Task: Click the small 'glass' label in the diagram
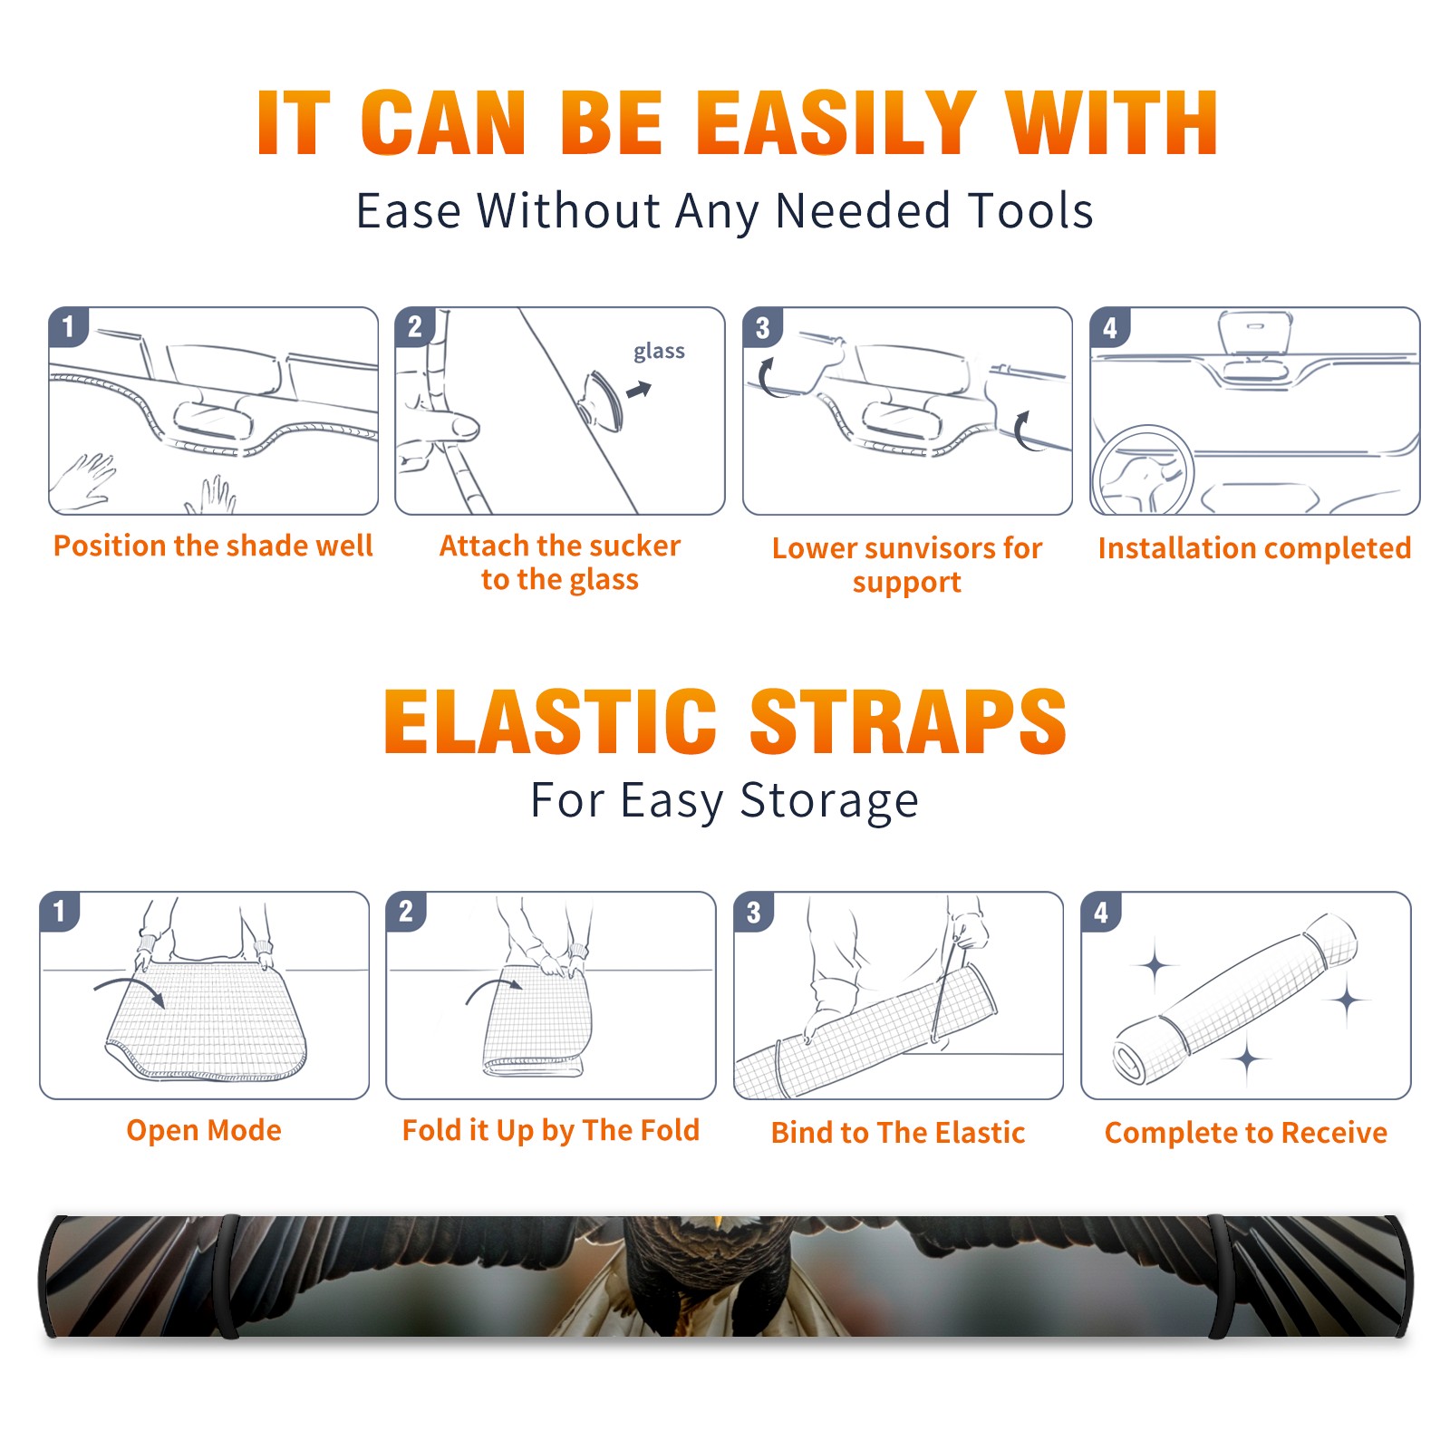[659, 352]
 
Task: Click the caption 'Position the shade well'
[213, 546]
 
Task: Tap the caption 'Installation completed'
[1254, 548]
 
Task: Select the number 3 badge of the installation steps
[762, 328]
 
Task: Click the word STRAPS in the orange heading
[908, 721]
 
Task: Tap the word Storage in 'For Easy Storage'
[829, 801]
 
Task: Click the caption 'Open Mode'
[204, 1130]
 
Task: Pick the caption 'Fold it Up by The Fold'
[551, 1130]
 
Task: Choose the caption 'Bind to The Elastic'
[898, 1133]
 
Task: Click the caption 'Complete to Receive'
[1246, 1133]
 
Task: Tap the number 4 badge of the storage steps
[1101, 912]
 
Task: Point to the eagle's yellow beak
[719, 1223]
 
